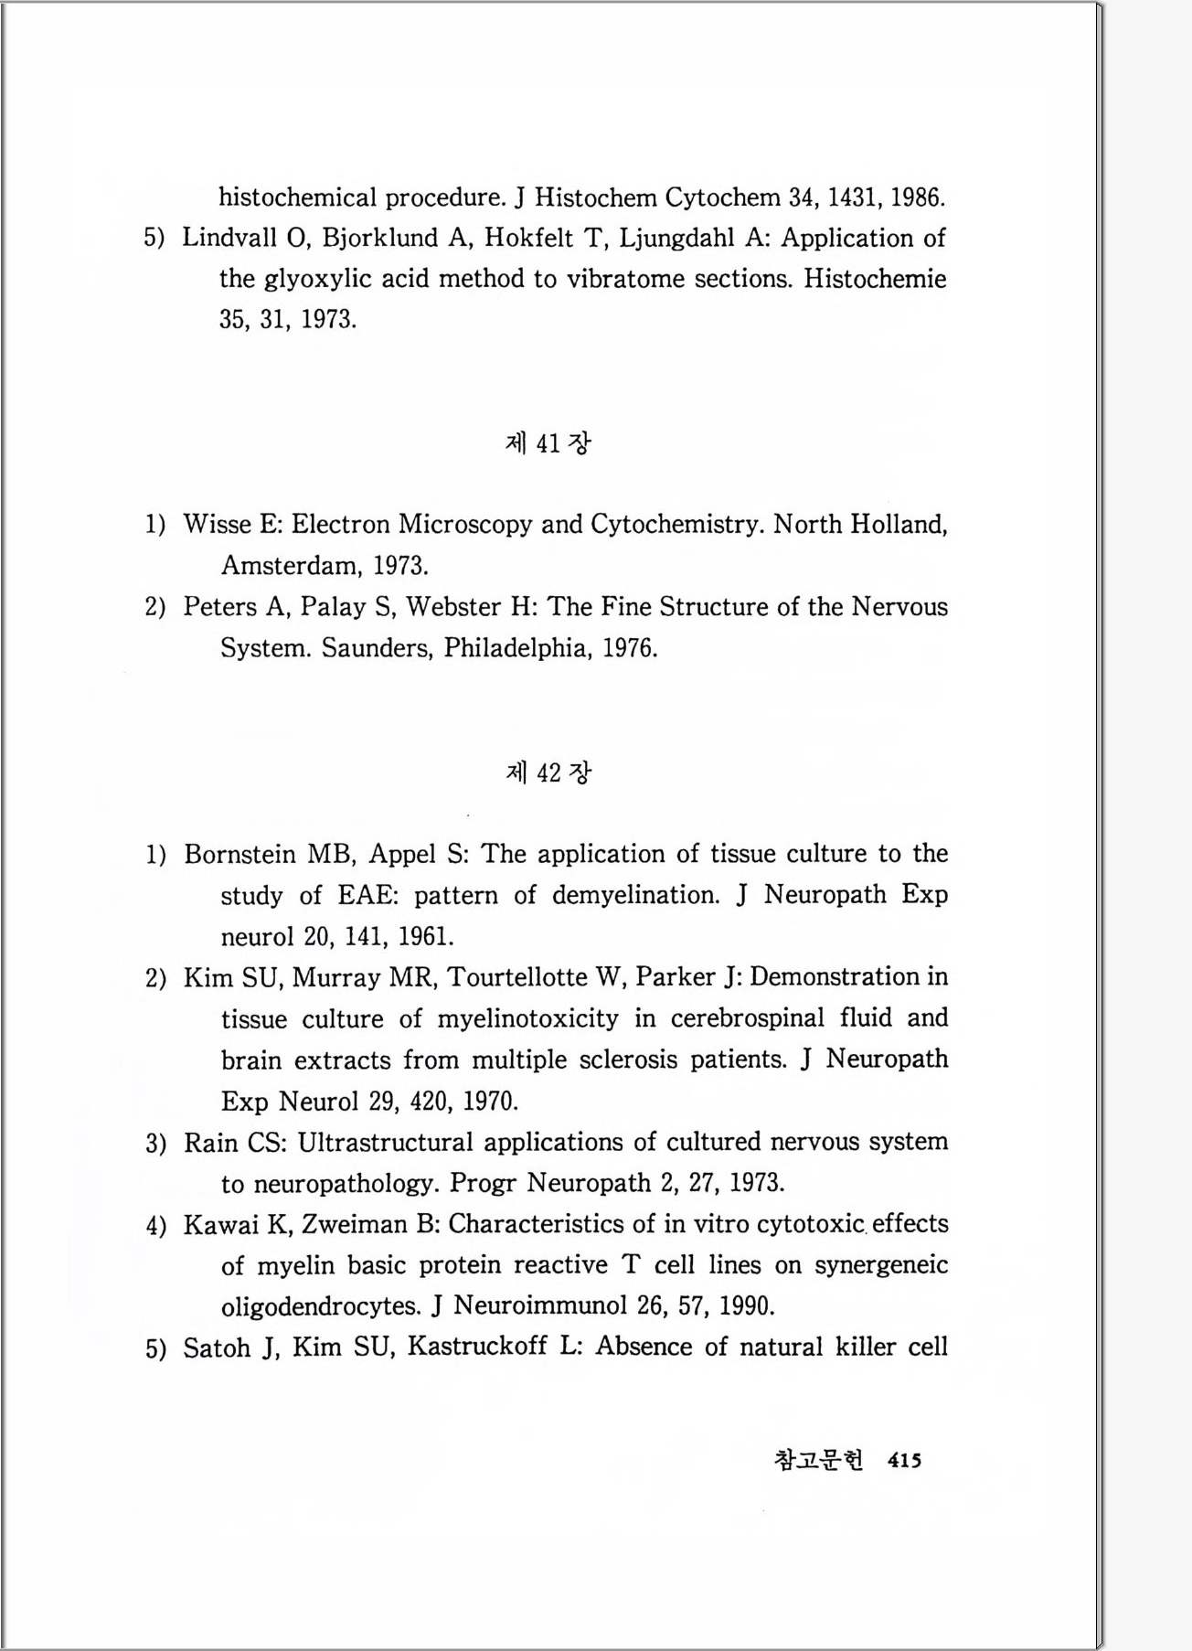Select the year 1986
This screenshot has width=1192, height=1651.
[918, 197]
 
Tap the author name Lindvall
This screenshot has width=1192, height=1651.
[233, 238]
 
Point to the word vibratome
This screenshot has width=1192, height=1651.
[625, 279]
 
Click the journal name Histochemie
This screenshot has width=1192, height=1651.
[875, 279]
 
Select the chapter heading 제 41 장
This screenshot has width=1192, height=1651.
[548, 443]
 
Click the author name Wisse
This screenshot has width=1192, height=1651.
[219, 524]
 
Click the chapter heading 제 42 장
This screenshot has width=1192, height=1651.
[548, 772]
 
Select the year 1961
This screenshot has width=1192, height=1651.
[425, 936]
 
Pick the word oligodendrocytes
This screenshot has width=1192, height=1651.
[321, 1305]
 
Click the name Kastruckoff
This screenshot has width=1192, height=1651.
[476, 1347]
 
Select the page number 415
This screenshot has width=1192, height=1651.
[904, 1461]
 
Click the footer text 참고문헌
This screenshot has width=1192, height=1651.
[817, 1461]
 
